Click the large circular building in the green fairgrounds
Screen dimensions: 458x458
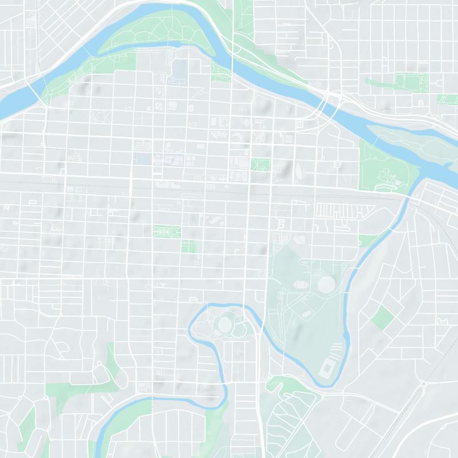pyautogui.click(x=326, y=283)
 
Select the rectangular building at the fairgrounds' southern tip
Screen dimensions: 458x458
pyautogui.click(x=327, y=368)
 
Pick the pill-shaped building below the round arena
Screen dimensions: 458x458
pyautogui.click(x=307, y=313)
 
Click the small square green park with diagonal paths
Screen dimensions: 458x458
pyautogui.click(x=260, y=164)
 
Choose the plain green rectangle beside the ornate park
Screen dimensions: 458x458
pyautogui.click(x=189, y=246)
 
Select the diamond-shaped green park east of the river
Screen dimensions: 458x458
pyautogui.click(x=382, y=317)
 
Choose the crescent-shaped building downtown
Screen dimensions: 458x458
pyautogui.click(x=236, y=136)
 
